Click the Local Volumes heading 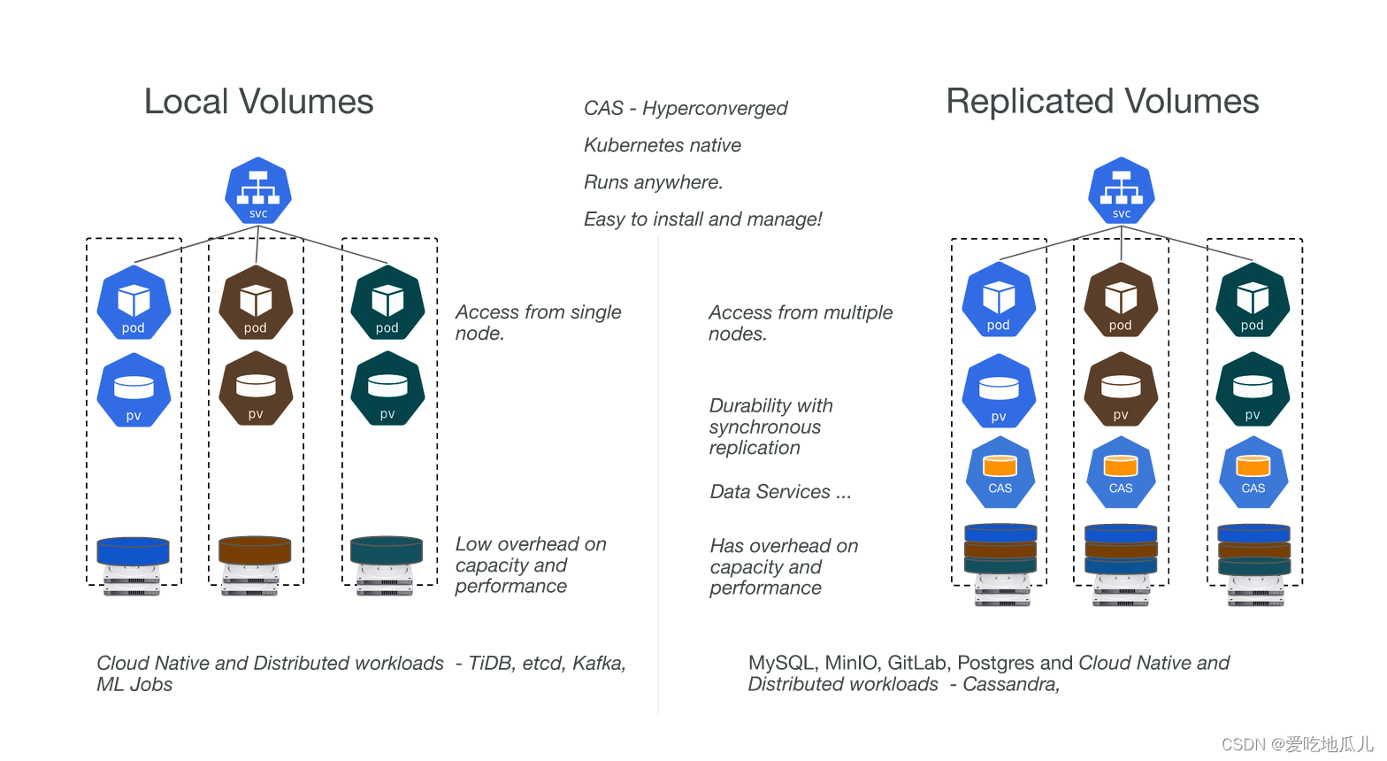[x=258, y=102]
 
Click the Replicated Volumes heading [x=1102, y=102]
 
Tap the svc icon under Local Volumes [x=258, y=190]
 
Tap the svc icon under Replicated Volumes [x=1122, y=190]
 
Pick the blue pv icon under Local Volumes [x=134, y=390]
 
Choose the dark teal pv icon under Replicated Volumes [x=1253, y=389]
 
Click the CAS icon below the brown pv [x=1121, y=472]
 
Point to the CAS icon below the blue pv [x=1000, y=472]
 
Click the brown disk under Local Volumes [x=255, y=550]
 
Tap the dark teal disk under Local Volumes [x=387, y=550]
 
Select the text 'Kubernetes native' [x=663, y=145]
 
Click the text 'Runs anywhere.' [x=654, y=182]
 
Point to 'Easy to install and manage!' [x=703, y=219]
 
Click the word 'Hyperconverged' [x=715, y=108]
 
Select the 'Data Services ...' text [x=780, y=492]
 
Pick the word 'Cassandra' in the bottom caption [x=1009, y=684]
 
